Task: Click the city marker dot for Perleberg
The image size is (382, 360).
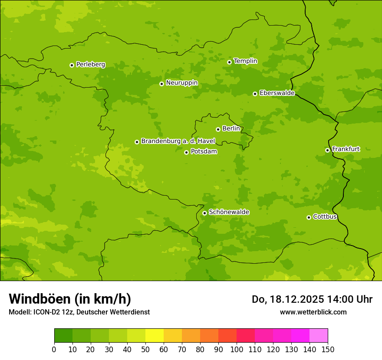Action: pyautogui.click(x=72, y=65)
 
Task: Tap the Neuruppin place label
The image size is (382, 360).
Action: pyautogui.click(x=181, y=83)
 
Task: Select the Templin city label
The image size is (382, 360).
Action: pyautogui.click(x=245, y=61)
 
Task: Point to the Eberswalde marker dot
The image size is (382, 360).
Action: pyautogui.click(x=255, y=94)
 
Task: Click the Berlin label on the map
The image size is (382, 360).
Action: pyautogui.click(x=231, y=129)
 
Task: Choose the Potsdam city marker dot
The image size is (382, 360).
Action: pyautogui.click(x=186, y=152)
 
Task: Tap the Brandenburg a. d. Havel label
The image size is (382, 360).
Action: pyautogui.click(x=178, y=141)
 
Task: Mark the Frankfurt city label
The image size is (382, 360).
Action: pyautogui.click(x=346, y=149)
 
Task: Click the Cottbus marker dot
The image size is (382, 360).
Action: pyautogui.click(x=309, y=217)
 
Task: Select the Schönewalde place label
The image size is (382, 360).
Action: pyautogui.click(x=229, y=212)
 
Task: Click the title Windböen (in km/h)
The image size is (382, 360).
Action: pyautogui.click(x=70, y=299)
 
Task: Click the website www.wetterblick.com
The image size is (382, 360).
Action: pyautogui.click(x=313, y=312)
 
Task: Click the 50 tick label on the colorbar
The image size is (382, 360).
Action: pyautogui.click(x=145, y=349)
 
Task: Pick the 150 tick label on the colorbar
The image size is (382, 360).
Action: pyautogui.click(x=328, y=349)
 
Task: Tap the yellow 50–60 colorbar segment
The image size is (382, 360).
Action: pyautogui.click(x=155, y=336)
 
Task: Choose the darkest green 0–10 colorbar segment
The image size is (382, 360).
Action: pyautogui.click(x=63, y=336)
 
